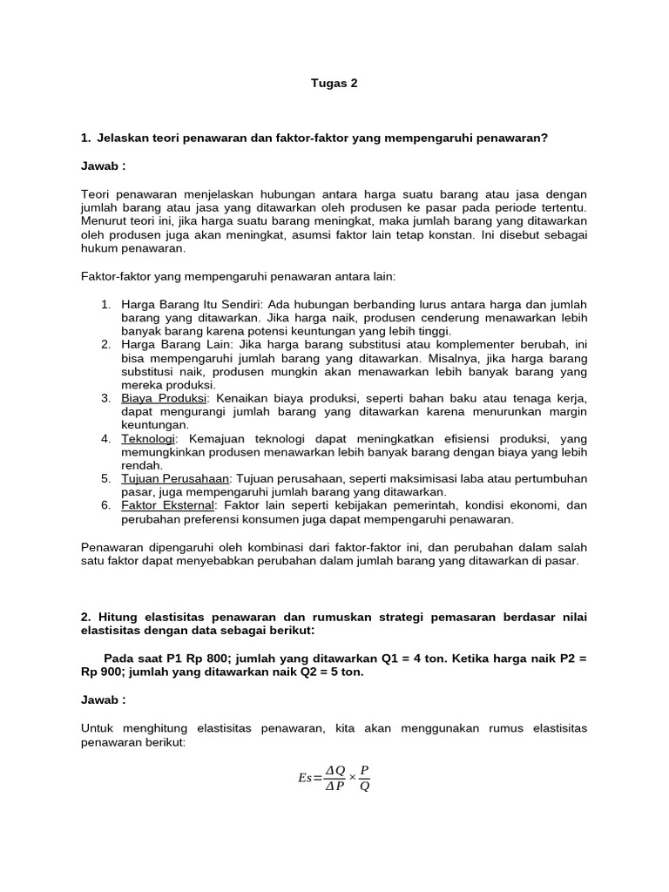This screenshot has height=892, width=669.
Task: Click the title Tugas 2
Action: click(334, 84)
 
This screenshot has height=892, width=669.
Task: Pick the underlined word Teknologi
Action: click(149, 438)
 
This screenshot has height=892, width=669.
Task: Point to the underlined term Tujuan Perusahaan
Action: click(175, 478)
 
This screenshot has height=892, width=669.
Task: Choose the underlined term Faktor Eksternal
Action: click(170, 505)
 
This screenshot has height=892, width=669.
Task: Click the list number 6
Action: click(105, 505)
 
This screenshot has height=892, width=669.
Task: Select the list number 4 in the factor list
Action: click(105, 438)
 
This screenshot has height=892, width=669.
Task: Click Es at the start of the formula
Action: click(305, 778)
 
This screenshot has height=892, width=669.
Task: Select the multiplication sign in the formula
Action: click(352, 777)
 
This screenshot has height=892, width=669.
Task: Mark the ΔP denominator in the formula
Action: click(334, 787)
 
